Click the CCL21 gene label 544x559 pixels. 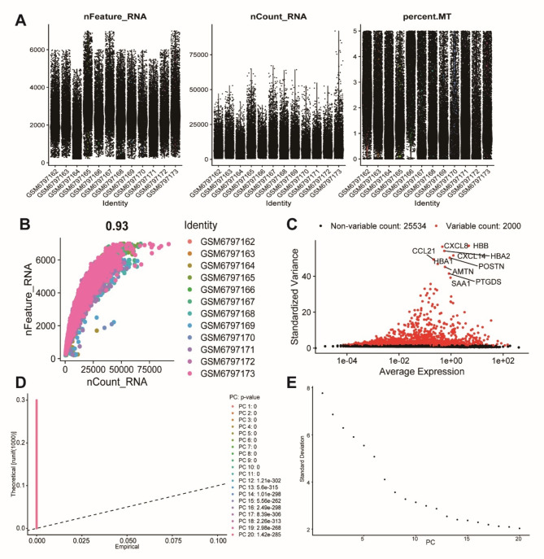tap(424, 251)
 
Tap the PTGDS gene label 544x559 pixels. tap(489, 282)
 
